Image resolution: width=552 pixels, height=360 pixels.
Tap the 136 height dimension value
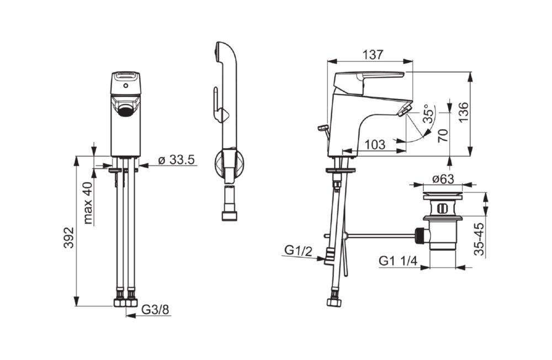click(464, 113)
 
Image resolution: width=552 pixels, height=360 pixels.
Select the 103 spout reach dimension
click(375, 145)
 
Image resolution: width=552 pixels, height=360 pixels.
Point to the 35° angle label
click(429, 113)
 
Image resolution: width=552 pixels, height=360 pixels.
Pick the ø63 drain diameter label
click(443, 179)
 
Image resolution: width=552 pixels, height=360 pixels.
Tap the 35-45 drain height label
click(479, 239)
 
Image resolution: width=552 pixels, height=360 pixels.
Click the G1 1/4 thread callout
click(398, 261)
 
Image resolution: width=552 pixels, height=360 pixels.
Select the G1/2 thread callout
click(298, 251)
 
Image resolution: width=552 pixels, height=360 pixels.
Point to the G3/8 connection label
click(155, 310)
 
